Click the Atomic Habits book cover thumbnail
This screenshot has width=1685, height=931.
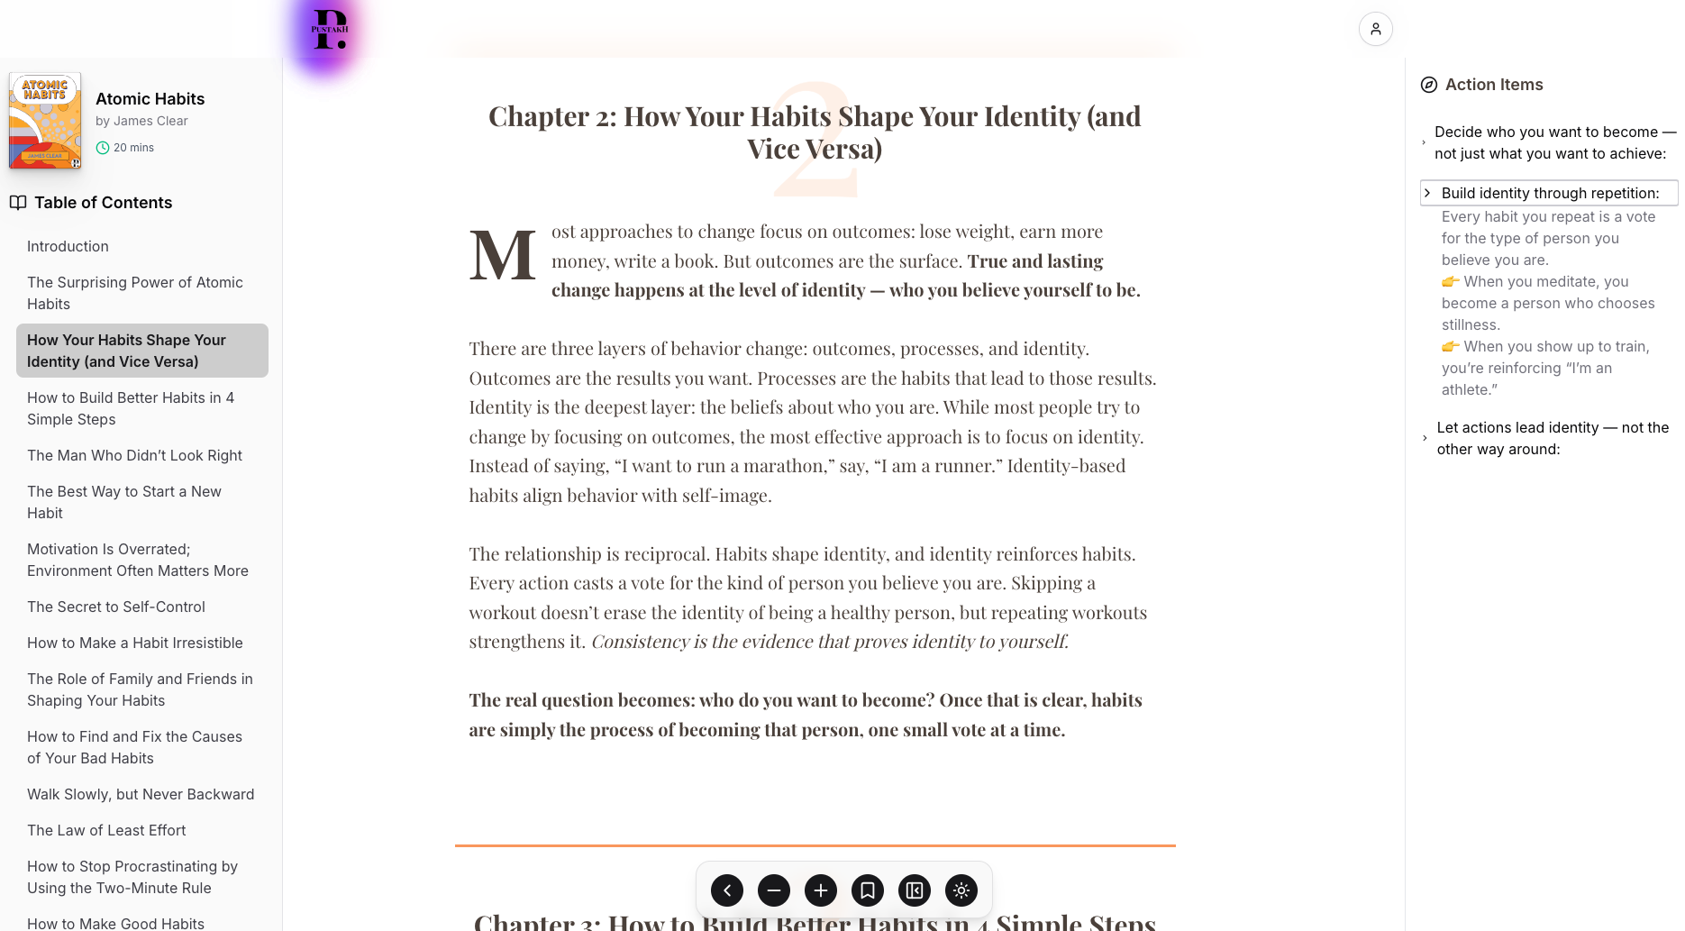(x=45, y=121)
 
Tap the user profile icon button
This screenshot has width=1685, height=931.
(x=1375, y=29)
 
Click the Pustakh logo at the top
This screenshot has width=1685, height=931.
(x=329, y=29)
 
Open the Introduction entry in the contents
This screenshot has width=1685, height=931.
(x=68, y=246)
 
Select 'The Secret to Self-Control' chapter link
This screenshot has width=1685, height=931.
(x=116, y=607)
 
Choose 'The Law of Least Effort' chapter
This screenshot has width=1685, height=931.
(x=106, y=830)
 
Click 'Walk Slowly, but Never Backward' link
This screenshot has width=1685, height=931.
(x=141, y=794)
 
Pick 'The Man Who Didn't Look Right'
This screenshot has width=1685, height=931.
(x=134, y=455)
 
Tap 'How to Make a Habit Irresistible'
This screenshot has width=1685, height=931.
(x=135, y=643)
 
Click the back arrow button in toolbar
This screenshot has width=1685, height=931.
(x=727, y=890)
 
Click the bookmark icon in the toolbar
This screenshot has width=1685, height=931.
(x=868, y=890)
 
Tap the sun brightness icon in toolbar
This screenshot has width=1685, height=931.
(x=961, y=890)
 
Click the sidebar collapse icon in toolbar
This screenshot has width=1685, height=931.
(x=915, y=890)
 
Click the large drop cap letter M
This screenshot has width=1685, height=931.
(x=502, y=256)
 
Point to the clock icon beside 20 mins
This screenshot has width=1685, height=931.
(x=103, y=148)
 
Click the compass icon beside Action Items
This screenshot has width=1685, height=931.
(x=1429, y=85)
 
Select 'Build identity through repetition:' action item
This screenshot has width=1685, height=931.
(x=1550, y=193)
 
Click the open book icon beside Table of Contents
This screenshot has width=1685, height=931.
(x=18, y=203)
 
